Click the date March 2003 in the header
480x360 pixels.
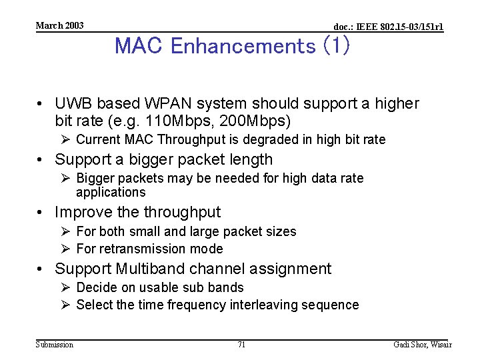point(59,25)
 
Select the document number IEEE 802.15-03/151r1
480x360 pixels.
point(388,27)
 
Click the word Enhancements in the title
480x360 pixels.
point(243,46)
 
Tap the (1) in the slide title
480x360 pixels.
point(335,46)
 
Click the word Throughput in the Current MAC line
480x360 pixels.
point(203,139)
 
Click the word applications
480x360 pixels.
point(111,193)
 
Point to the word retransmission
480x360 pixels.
point(150,249)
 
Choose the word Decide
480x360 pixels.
point(95,287)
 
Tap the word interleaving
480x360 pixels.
point(263,305)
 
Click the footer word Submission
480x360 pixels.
point(55,345)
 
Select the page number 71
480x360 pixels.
point(241,345)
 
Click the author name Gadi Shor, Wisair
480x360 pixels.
point(423,345)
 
